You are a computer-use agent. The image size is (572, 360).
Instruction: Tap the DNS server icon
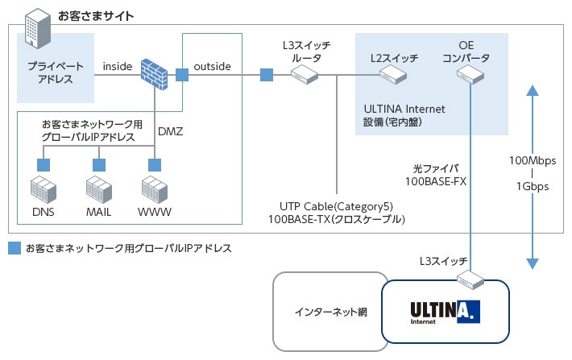[42, 190]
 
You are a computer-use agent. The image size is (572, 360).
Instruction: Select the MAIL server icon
[98, 190]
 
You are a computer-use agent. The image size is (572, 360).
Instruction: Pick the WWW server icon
[153, 190]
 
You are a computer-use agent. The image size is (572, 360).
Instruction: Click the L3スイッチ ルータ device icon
[305, 75]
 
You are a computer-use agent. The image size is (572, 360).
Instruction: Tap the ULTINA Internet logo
[445, 311]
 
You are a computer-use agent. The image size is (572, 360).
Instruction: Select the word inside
[118, 66]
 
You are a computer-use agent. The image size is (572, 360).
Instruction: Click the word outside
[213, 66]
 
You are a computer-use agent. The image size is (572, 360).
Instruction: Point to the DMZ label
[171, 130]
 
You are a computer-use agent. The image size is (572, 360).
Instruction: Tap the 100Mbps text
[528, 161]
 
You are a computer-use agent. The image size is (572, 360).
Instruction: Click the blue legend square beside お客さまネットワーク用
[14, 248]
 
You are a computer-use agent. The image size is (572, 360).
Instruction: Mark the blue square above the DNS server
[42, 164]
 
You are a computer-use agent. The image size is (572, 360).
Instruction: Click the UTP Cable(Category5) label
[337, 205]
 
